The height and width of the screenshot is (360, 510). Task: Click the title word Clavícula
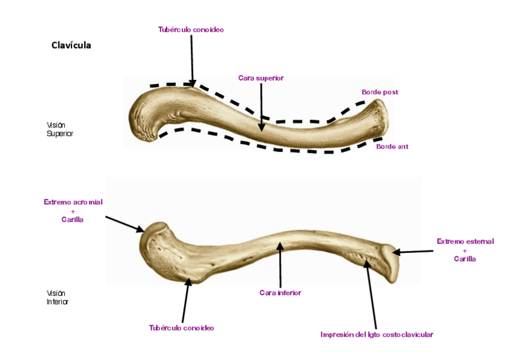(71, 45)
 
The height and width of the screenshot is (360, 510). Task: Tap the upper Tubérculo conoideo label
(191, 29)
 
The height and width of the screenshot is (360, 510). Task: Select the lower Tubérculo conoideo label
(182, 328)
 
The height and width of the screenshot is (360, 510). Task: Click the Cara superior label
(260, 78)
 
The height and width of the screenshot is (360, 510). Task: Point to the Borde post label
(379, 92)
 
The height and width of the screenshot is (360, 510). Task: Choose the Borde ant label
(392, 146)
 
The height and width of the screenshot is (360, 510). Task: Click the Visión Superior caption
(60, 129)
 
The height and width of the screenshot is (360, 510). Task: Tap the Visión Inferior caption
(58, 297)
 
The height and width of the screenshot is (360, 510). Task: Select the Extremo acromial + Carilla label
(73, 210)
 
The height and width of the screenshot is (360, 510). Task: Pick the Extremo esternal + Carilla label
(465, 249)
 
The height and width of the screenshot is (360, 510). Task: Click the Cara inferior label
(280, 293)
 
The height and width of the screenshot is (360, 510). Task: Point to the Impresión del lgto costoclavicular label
(376, 334)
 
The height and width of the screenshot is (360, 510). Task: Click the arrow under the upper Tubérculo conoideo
(192, 60)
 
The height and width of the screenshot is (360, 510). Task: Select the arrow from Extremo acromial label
(124, 223)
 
